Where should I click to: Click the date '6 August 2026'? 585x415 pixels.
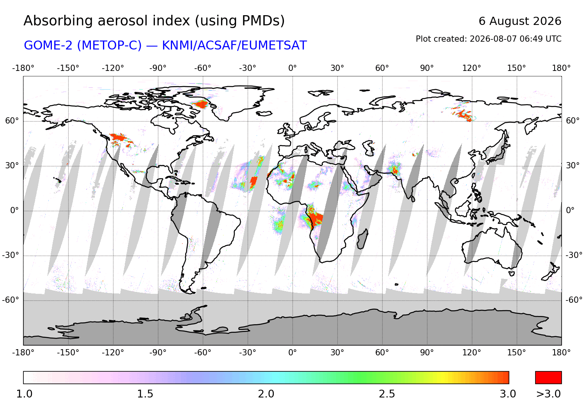[x=520, y=21]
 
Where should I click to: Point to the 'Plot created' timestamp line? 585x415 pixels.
[x=488, y=39]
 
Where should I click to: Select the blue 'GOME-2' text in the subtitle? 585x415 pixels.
[x=48, y=45]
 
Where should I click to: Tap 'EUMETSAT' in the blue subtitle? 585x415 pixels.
[x=274, y=45]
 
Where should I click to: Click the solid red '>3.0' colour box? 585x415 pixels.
[x=548, y=378]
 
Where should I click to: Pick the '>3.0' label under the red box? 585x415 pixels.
[x=548, y=394]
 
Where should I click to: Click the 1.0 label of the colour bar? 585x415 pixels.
[x=24, y=394]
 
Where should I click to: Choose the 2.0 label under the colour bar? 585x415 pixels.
[x=266, y=394]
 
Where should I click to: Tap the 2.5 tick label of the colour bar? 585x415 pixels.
[x=387, y=394]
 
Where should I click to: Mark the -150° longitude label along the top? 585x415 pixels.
[x=68, y=68]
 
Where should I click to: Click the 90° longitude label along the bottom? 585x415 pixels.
[x=427, y=353]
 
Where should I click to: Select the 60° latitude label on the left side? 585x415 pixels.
[x=12, y=121]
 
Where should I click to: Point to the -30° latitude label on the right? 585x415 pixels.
[x=574, y=255]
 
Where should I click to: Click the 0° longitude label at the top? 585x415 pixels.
[x=292, y=68]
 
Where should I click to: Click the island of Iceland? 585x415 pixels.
[x=264, y=113]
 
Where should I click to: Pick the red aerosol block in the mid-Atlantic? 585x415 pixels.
[x=253, y=181]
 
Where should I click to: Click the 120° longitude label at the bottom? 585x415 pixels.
[x=472, y=353]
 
